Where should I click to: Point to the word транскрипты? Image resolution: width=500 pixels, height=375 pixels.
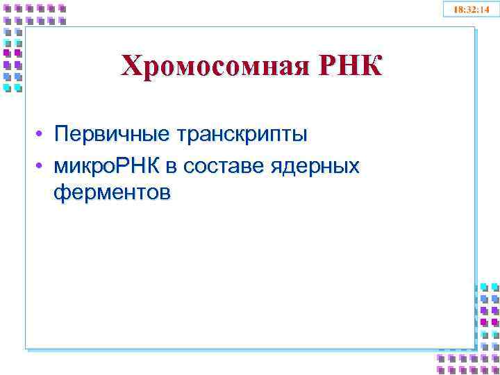pyautogui.click(x=242, y=134)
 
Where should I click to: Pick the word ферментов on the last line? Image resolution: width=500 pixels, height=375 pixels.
pyautogui.click(x=110, y=192)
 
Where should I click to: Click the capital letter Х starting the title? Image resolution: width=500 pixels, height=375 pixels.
pyautogui.click(x=130, y=67)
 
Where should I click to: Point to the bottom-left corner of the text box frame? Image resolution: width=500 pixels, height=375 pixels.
pyautogui.click(x=26, y=347)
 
